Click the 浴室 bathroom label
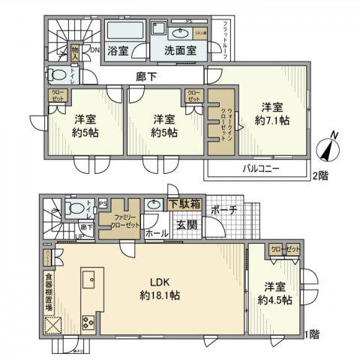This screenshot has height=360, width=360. click(117, 52)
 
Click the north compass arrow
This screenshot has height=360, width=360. click(329, 148)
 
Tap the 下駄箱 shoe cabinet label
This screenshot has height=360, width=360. click(183, 202)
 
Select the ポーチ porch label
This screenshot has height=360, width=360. click(225, 210)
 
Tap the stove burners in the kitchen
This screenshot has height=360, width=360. click(88, 324)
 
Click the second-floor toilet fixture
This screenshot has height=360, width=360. click(57, 75)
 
